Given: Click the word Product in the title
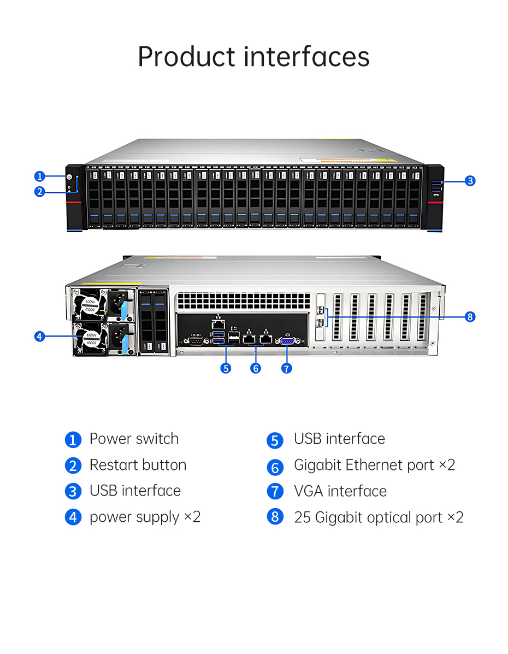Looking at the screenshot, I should pos(186,57).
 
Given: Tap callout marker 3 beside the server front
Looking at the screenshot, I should pos(470,181).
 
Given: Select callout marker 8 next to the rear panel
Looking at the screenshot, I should pos(470,316).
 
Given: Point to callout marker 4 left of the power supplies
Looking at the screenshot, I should pos(39,336).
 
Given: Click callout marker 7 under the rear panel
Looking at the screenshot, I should pos(287,368).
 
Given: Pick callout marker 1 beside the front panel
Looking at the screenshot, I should pos(39,176).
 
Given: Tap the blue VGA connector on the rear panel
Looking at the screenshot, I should pos(288,340).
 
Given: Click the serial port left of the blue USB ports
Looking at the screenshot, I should pos(197,341).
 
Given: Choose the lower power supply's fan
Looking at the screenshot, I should pos(87,338).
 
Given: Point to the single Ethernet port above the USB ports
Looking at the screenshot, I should pos(218,322).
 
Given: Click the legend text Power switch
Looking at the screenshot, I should pos(134,439).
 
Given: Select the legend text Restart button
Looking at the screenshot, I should pos(138,465).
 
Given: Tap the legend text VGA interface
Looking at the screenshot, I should pos(340,491).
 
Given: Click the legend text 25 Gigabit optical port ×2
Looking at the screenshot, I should pos(379,517).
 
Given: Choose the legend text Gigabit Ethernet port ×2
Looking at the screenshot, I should pos(374,465).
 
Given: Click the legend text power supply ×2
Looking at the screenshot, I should pos(145,517).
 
